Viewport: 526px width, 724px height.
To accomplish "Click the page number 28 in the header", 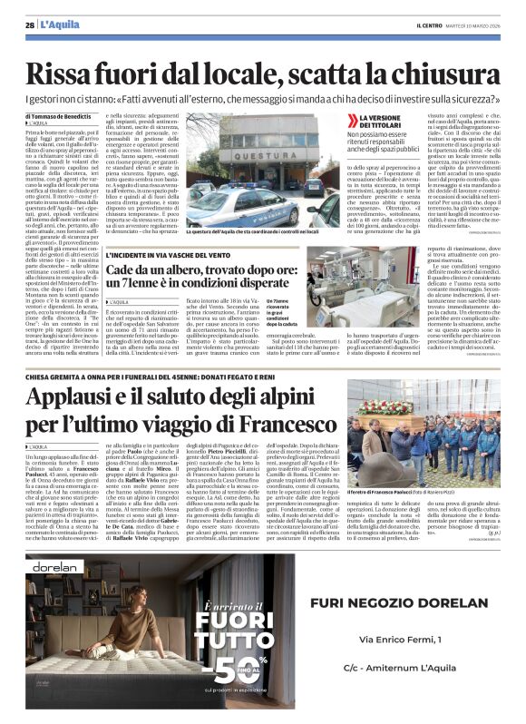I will click(30, 24).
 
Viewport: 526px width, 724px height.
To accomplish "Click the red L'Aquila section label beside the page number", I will click(60, 24).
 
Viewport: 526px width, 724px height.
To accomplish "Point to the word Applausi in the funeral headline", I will click(87, 396).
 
